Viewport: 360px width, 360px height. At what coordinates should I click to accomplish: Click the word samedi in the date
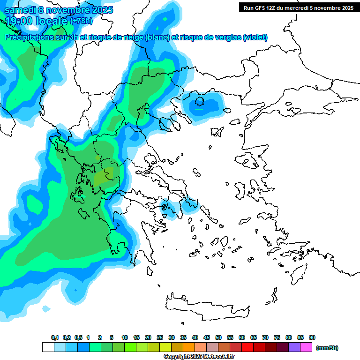pyautogui.click(x=22, y=10)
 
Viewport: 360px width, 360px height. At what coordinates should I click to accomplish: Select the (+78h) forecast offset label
pyautogui.click(x=81, y=21)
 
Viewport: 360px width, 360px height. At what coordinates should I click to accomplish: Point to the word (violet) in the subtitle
pyautogui.click(x=255, y=37)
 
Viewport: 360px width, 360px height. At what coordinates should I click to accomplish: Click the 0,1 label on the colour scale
pyautogui.click(x=55, y=337)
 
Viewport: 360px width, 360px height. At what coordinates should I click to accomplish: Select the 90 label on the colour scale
pyautogui.click(x=312, y=337)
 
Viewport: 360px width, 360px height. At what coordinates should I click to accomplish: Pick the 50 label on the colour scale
pyautogui.click(x=218, y=337)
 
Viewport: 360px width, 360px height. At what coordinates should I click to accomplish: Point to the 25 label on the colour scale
pyautogui.click(x=160, y=337)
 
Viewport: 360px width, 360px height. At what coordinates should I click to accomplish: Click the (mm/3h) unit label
pyautogui.click(x=327, y=348)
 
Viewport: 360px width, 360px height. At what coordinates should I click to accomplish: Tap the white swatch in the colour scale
pyautogui.click(x=48, y=347)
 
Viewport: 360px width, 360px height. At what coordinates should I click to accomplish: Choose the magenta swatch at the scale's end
pyautogui.click(x=306, y=347)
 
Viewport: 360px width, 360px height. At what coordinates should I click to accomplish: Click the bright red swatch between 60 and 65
pyautogui.click(x=247, y=347)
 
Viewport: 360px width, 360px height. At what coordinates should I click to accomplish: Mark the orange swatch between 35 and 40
pyautogui.click(x=189, y=347)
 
